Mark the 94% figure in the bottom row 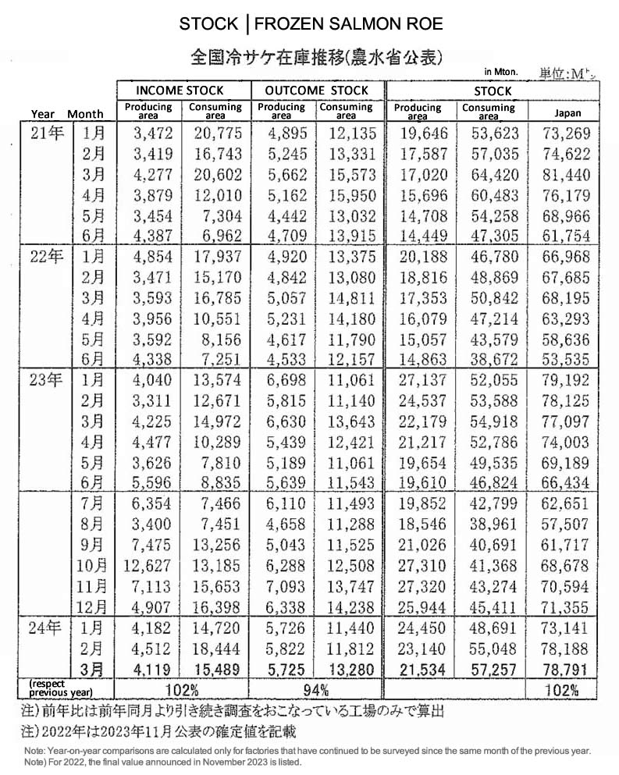(316, 689)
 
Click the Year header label (44, 114)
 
